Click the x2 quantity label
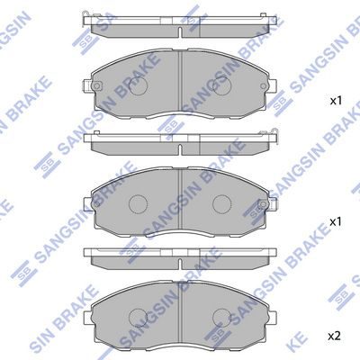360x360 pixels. [x=334, y=337]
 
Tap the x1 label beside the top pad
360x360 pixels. [x=336, y=101]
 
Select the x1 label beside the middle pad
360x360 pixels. [x=336, y=222]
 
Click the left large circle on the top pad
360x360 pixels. [x=138, y=86]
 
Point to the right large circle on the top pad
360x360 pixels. [x=222, y=86]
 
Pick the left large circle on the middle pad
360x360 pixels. [x=138, y=204]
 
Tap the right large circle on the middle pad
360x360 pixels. [x=222, y=204]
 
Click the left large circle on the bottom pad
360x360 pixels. [x=138, y=319]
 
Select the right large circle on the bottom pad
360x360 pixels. [x=222, y=319]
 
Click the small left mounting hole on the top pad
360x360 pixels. [x=96, y=86]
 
